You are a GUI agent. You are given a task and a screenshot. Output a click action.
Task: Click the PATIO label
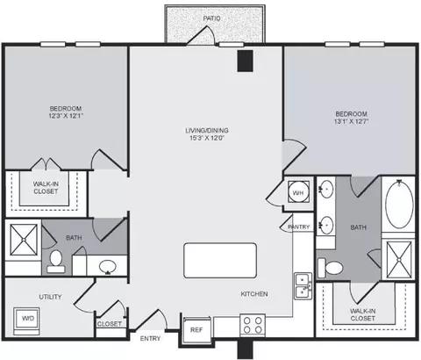(211, 18)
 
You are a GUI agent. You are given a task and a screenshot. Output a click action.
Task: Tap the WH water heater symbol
(298, 192)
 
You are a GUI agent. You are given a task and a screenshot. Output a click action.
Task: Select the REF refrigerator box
(196, 330)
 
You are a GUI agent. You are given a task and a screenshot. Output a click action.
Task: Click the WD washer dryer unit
(26, 321)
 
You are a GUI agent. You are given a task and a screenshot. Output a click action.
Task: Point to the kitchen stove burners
(253, 325)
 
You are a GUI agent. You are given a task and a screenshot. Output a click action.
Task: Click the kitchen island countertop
(220, 260)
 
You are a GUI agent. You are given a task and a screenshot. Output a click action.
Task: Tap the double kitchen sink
(303, 286)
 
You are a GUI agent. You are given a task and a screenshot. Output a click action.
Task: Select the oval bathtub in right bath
(399, 204)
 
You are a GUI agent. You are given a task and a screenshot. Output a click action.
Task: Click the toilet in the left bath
(55, 262)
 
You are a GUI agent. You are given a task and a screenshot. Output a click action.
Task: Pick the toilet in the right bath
(330, 268)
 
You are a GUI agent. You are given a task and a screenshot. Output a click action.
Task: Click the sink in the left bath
(108, 267)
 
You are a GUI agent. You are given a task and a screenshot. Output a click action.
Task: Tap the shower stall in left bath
(24, 240)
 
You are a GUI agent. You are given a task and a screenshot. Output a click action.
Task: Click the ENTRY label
(150, 339)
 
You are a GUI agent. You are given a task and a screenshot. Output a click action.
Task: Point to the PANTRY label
(299, 227)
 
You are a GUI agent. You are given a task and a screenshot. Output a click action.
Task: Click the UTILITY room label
(50, 297)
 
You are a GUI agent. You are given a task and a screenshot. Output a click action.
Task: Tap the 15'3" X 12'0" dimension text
(207, 138)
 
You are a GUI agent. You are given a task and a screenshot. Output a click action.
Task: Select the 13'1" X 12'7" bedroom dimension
(351, 121)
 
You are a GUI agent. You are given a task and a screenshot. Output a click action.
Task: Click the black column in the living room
(245, 61)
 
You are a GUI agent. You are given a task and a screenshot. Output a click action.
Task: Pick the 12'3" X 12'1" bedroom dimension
(66, 116)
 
